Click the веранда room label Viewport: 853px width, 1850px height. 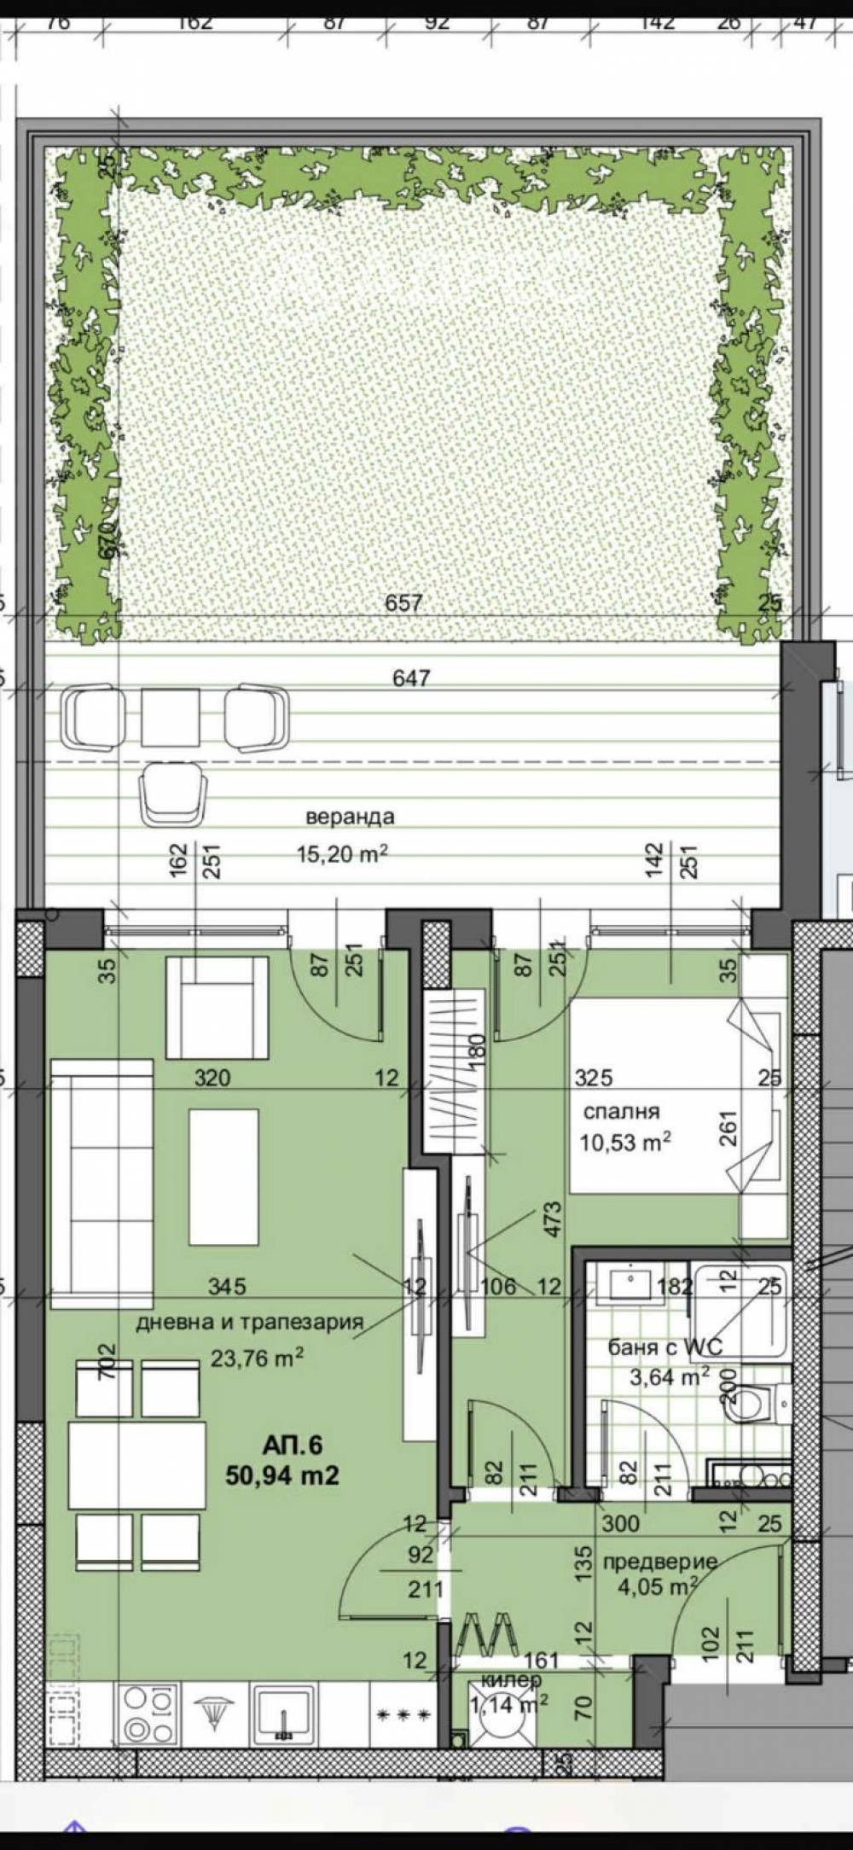click(x=350, y=817)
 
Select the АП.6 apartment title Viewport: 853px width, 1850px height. click(x=292, y=1445)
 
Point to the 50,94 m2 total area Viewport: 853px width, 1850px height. click(x=281, y=1475)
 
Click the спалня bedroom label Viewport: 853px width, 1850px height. click(x=621, y=1112)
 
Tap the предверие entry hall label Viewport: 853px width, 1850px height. click(x=659, y=1562)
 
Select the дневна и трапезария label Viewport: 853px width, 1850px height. click(x=250, y=1322)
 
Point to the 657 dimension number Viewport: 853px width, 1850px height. click(x=403, y=603)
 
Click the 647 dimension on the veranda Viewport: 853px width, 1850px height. click(x=411, y=678)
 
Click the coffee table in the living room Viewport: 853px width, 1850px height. click(x=223, y=1177)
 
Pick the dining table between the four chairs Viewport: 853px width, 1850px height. click(x=136, y=1465)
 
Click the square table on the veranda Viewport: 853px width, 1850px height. click(x=171, y=717)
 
